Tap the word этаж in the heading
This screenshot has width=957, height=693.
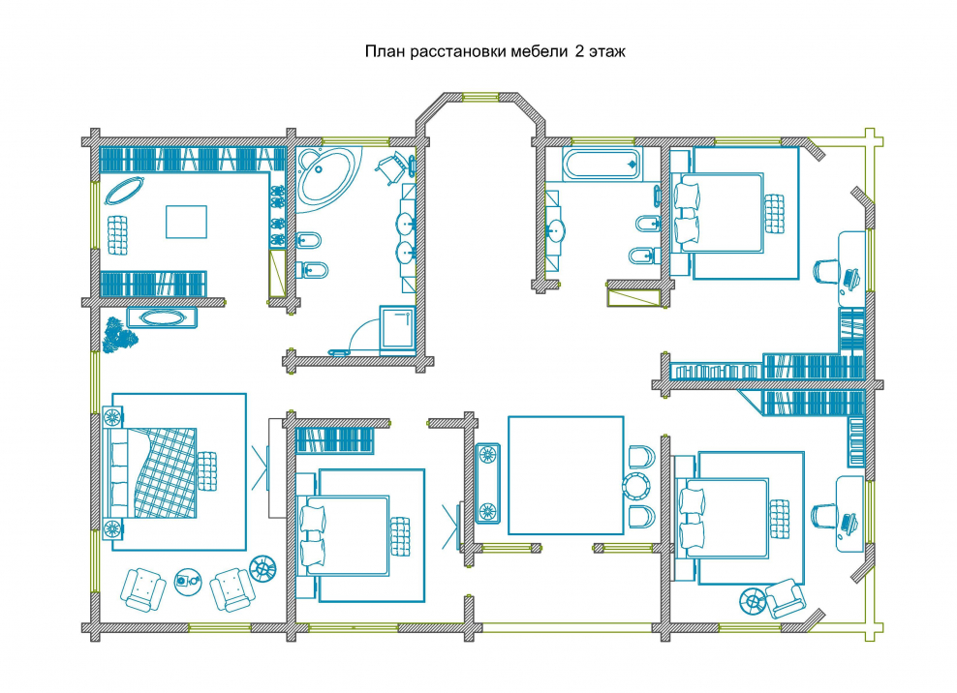[607, 51]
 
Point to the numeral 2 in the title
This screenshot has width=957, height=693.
[578, 51]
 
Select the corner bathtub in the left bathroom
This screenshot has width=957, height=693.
[326, 177]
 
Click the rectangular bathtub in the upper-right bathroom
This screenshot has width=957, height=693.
[602, 164]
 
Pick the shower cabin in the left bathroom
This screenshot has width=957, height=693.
[397, 330]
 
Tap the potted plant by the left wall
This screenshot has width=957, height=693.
[120, 335]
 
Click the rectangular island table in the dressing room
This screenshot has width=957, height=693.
[186, 222]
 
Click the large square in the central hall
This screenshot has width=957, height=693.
[566, 475]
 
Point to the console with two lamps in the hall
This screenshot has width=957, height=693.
[487, 483]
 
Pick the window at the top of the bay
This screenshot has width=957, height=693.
[480, 97]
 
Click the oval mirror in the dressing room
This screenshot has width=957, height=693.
[125, 191]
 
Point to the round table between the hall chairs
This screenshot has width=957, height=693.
[636, 486]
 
